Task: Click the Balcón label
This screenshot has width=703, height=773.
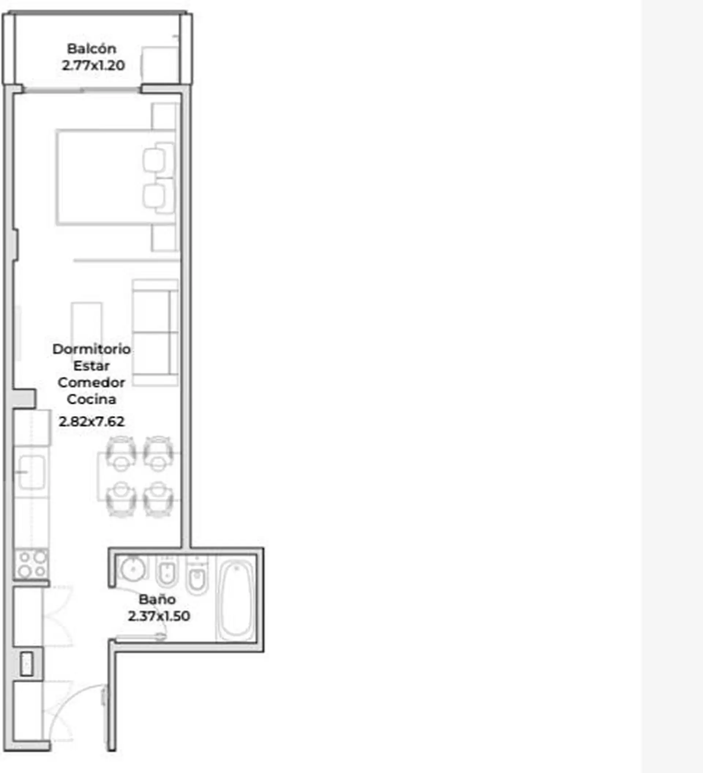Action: click(92, 49)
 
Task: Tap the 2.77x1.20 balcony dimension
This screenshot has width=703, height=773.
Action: click(93, 65)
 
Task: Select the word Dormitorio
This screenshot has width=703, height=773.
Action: click(92, 349)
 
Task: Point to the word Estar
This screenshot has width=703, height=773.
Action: click(91, 366)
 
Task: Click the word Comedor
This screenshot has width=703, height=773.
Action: click(91, 382)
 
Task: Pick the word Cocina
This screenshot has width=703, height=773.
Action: click(91, 399)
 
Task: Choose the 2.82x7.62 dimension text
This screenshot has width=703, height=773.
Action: click(92, 421)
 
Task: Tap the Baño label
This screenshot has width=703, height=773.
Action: click(157, 599)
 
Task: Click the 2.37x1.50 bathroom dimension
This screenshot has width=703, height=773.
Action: click(159, 616)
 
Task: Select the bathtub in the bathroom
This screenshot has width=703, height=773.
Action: click(236, 599)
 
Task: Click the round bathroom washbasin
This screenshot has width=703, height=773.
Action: click(133, 568)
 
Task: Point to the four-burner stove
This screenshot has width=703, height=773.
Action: click(31, 564)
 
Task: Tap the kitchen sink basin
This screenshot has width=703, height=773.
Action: click(32, 472)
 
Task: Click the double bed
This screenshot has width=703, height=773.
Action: click(115, 177)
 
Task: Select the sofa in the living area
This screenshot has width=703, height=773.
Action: click(155, 332)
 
